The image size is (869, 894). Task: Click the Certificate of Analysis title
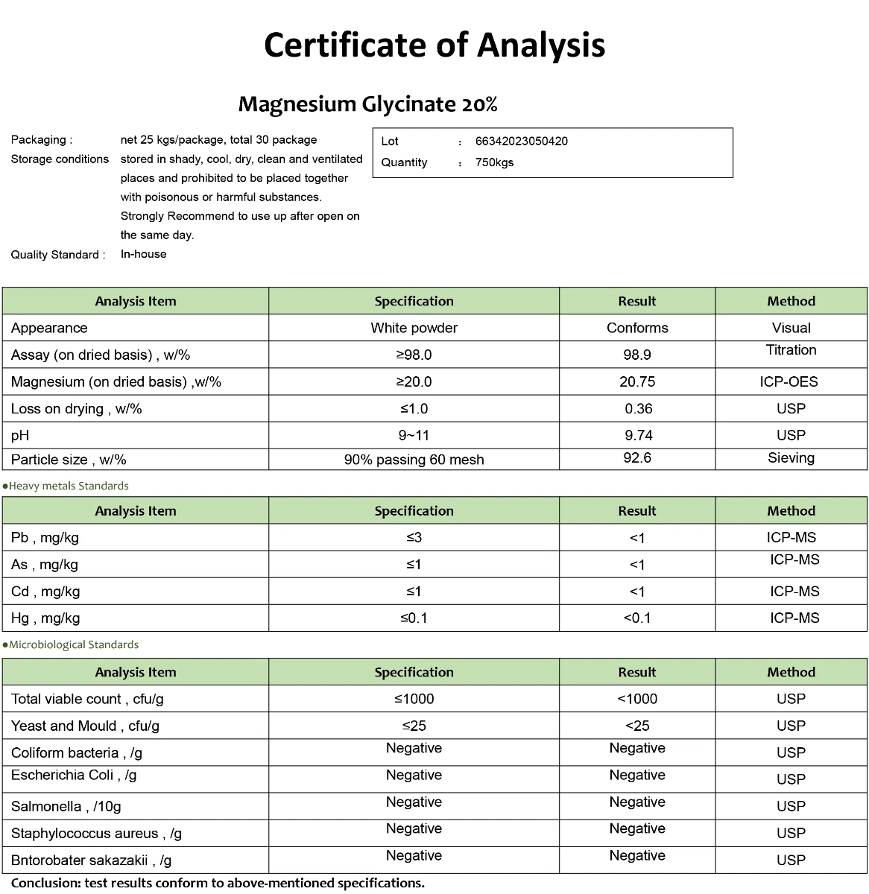(x=434, y=45)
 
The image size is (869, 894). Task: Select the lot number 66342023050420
(x=521, y=142)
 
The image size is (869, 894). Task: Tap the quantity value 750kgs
(x=494, y=162)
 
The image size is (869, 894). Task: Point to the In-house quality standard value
(x=143, y=254)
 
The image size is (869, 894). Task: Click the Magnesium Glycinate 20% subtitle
(x=367, y=104)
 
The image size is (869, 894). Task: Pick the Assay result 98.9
(x=637, y=355)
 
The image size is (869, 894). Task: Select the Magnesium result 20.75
(x=637, y=381)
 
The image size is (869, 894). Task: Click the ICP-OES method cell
(x=791, y=381)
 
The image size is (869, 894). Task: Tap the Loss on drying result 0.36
(x=638, y=408)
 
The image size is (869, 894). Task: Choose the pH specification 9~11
(x=414, y=435)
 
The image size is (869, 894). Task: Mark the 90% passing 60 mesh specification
(x=414, y=460)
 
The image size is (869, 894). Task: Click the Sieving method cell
(x=791, y=458)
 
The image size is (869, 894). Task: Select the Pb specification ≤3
(x=414, y=537)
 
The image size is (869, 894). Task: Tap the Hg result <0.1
(x=637, y=618)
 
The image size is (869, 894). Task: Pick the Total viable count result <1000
(x=637, y=699)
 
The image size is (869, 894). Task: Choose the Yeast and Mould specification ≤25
(x=414, y=726)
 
